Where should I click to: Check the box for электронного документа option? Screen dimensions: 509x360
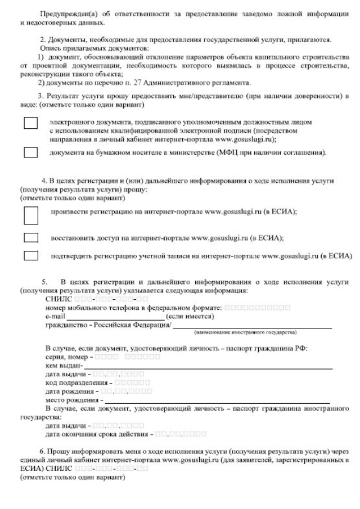[30, 123]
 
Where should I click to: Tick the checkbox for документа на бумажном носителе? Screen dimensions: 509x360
[30, 152]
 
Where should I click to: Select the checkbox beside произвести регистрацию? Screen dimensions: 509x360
[30, 214]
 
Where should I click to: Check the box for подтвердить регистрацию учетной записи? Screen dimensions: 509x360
[30, 256]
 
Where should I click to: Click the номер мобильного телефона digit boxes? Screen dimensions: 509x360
[258, 308]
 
